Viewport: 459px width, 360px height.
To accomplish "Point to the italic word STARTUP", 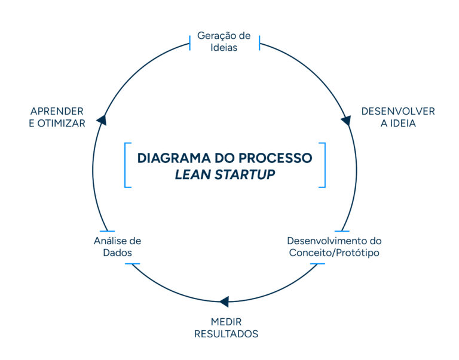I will (245, 175).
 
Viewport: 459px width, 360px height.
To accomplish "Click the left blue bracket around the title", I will (126, 165).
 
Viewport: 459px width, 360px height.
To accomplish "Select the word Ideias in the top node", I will (224, 47).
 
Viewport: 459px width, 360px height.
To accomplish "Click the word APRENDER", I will (57, 111).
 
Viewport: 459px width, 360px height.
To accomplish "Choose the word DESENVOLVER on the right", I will (398, 111).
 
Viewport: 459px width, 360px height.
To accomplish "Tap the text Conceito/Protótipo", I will (334, 253).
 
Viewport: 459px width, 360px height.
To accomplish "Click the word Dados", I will (117, 253).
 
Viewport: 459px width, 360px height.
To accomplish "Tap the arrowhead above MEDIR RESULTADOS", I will (224, 301).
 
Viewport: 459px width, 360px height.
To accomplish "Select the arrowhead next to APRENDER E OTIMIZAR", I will (101, 120).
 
